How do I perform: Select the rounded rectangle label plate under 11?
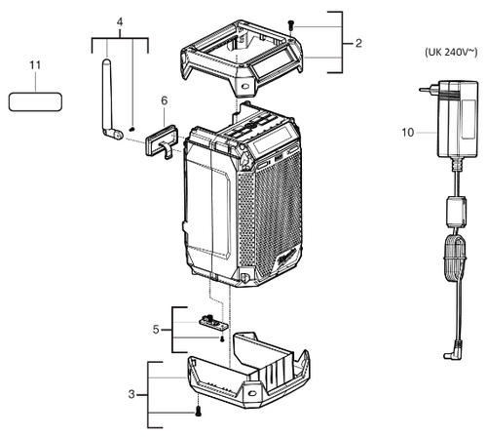[x=36, y=100]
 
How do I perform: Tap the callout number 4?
[x=120, y=21]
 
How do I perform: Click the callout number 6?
[x=164, y=100]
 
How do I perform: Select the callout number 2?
[x=358, y=44]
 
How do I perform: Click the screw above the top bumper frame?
[x=290, y=25]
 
